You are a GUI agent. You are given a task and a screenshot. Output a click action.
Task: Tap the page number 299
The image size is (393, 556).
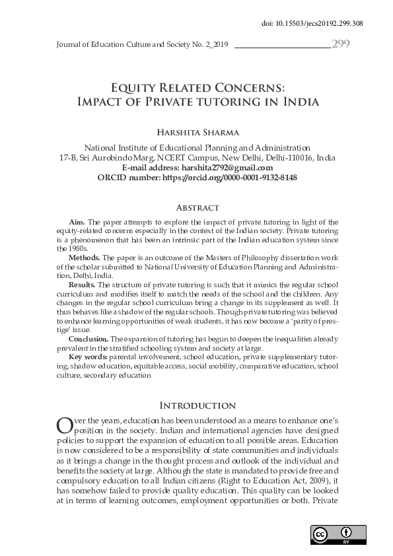pyautogui.click(x=341, y=44)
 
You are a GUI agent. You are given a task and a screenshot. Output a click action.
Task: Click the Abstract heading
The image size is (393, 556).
pyautogui.click(x=196, y=207)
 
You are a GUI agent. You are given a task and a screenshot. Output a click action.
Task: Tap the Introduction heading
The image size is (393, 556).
pyautogui.click(x=196, y=405)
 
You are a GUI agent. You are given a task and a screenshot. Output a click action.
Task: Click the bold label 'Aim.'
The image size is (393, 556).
pyautogui.click(x=77, y=223)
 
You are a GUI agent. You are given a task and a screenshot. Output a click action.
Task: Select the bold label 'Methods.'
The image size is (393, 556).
pyautogui.click(x=84, y=257)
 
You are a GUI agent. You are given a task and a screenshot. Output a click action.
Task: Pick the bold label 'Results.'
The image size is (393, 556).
pyautogui.click(x=83, y=284)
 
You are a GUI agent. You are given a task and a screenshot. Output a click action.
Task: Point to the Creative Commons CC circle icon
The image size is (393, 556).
pyautogui.click(x=320, y=534)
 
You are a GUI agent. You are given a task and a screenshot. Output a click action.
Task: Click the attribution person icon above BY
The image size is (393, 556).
pyautogui.click(x=345, y=532)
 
